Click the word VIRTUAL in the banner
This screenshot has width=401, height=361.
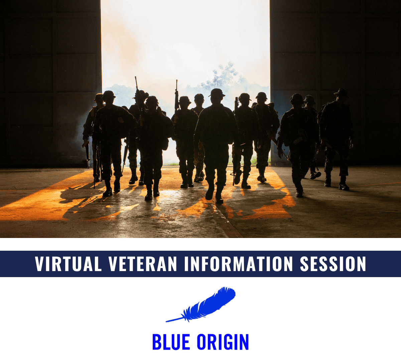pyautogui.click(x=69, y=264)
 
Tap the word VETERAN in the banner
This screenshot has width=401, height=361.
pyautogui.click(x=143, y=264)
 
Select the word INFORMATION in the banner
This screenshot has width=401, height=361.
pyautogui.click(x=238, y=264)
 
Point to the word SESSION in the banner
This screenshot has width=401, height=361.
pyautogui.click(x=333, y=264)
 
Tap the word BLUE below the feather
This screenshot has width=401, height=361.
pyautogui.click(x=171, y=342)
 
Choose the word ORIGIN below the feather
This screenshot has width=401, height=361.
pyautogui.click(x=223, y=342)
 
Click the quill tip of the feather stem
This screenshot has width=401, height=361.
pyautogui.click(x=166, y=322)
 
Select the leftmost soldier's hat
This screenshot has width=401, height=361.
pyautogui.click(x=99, y=96)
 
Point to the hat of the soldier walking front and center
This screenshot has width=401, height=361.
pyautogui.click(x=217, y=93)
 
